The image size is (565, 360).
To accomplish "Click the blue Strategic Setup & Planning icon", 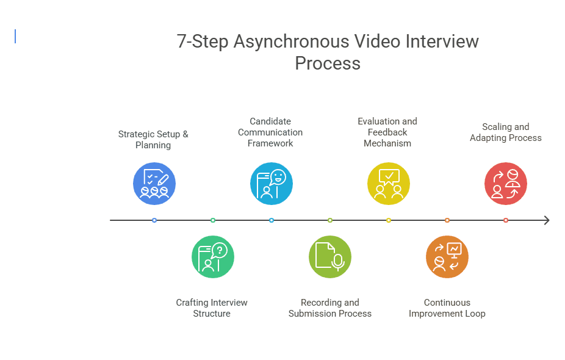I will tap(154, 184).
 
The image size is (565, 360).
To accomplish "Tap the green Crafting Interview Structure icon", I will tap(213, 257).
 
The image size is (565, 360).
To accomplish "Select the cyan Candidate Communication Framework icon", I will tap(272, 184).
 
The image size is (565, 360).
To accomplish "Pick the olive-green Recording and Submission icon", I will tap(330, 257).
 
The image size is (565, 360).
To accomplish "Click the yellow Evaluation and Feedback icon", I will tap(389, 184).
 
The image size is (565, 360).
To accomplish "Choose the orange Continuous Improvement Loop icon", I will tap(447, 257).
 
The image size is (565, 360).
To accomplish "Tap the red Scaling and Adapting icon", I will tap(506, 184).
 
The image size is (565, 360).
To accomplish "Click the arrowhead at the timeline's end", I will tap(546, 220).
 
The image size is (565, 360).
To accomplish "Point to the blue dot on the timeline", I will tap(154, 220).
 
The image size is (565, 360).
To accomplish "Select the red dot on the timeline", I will tap(506, 220).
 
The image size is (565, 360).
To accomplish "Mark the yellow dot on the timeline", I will tap(389, 220).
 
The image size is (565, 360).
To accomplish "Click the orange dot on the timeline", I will tap(447, 220).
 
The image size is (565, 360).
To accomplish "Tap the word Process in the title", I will tap(328, 63).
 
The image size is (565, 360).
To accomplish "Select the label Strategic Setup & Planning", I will tap(153, 140).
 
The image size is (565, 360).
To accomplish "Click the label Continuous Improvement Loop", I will tap(447, 308).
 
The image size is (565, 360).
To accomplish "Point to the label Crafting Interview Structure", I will tap(212, 308).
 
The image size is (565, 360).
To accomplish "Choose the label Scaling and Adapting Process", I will tap(506, 132).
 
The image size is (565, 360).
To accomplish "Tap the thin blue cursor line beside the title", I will tap(15, 37).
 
